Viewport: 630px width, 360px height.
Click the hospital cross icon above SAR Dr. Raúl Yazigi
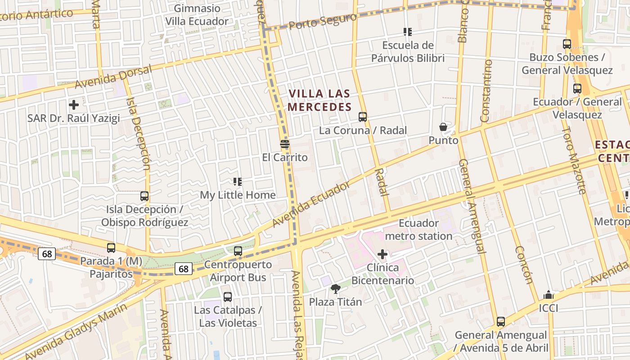74,105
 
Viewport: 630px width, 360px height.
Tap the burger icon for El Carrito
284,144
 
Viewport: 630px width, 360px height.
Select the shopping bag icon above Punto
443,127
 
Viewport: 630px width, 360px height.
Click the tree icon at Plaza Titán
335,288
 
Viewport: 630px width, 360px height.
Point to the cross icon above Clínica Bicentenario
382,254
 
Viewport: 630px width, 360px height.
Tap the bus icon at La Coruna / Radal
363,117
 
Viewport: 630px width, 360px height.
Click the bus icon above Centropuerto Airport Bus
238,251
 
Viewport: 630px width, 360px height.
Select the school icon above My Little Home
238,182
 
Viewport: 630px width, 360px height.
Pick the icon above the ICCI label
548,295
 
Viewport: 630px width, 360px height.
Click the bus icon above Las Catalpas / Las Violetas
228,297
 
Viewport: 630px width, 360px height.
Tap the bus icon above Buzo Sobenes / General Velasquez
567,44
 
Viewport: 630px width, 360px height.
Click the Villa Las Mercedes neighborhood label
319,100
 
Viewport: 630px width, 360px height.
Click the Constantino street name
486,91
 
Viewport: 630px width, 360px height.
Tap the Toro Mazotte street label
575,160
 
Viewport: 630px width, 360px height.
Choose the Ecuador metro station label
418,229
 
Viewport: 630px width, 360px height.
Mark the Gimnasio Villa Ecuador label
197,15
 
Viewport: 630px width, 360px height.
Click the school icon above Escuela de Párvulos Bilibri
407,32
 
